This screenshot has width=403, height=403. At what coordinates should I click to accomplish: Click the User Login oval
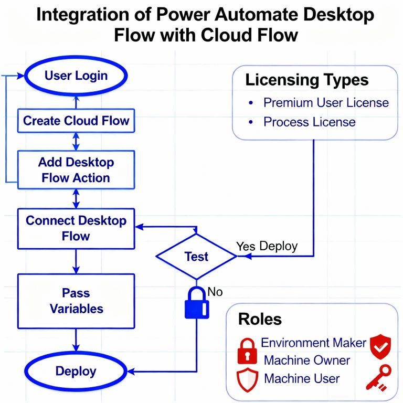(x=76, y=76)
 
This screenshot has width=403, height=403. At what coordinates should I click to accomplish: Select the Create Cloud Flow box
(x=76, y=121)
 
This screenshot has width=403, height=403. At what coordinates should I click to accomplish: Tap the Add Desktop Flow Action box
(x=76, y=170)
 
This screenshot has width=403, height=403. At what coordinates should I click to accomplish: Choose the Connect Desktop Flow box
(x=76, y=228)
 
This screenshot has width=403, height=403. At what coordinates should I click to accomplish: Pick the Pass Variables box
(x=76, y=300)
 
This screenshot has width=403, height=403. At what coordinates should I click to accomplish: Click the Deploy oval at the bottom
(x=76, y=372)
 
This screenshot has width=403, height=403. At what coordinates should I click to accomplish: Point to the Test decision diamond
(x=197, y=257)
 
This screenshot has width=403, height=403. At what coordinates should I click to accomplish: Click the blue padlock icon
(x=196, y=303)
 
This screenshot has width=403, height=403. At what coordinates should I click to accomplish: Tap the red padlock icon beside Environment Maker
(x=247, y=351)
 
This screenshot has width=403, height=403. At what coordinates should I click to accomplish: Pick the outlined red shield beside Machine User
(x=247, y=379)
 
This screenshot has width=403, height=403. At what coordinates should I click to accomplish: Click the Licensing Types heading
(x=307, y=80)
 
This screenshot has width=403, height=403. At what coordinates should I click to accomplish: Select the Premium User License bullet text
(x=326, y=102)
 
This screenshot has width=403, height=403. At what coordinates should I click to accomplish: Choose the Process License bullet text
(x=309, y=122)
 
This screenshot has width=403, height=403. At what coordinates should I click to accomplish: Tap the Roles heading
(x=260, y=319)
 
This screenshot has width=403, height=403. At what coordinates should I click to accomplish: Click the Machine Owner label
(x=307, y=360)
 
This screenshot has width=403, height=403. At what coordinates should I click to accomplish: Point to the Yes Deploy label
(x=267, y=246)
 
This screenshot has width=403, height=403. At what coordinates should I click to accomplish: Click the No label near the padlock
(x=215, y=291)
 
